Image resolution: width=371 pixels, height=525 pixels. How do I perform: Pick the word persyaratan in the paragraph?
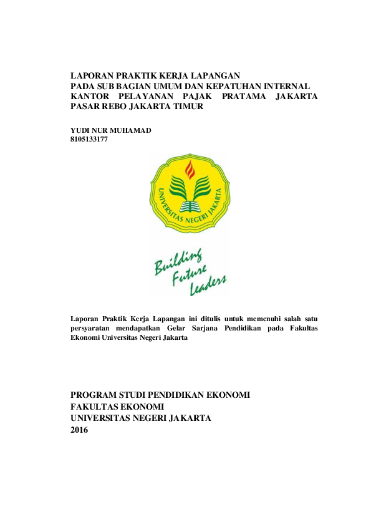click(91, 327)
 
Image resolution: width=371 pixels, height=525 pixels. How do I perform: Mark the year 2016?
click(80, 430)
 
